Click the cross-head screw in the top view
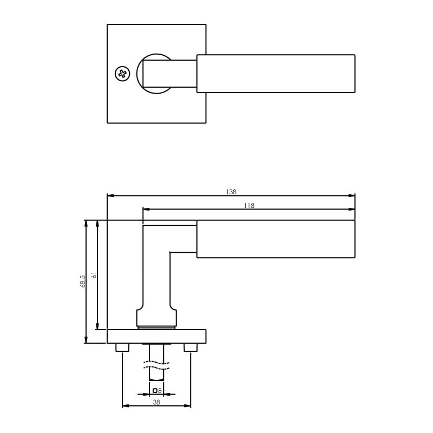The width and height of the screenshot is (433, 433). (x=123, y=74)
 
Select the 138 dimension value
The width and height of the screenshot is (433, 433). (x=231, y=192)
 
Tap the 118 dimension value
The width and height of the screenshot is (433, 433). (x=248, y=205)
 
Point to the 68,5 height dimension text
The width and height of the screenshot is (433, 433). (x=82, y=281)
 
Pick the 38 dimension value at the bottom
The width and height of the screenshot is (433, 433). (x=156, y=402)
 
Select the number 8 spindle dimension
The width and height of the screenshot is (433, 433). (x=160, y=390)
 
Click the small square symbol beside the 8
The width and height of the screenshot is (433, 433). (x=155, y=390)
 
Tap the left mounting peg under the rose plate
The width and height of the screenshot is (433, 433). (x=122, y=347)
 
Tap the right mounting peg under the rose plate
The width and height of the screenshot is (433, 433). (x=190, y=347)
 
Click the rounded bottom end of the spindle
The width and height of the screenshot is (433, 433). (x=156, y=377)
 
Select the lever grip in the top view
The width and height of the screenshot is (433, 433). (x=275, y=74)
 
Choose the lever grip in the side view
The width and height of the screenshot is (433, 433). (x=275, y=239)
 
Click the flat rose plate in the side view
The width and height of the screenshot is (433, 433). (x=156, y=336)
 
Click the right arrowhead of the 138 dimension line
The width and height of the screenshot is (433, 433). (x=352, y=195)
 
